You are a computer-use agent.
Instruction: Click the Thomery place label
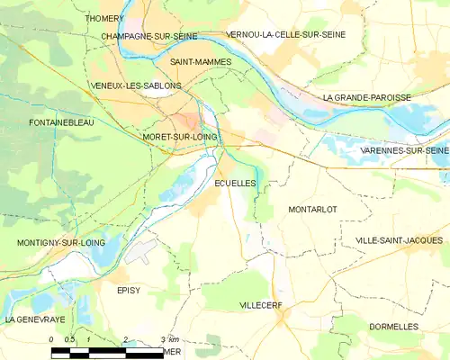tap(104, 18)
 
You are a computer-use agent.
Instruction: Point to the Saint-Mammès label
tap(201, 62)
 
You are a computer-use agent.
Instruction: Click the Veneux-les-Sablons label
tap(136, 85)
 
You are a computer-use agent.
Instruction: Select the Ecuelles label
tap(236, 183)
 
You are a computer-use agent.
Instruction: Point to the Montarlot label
tap(312, 209)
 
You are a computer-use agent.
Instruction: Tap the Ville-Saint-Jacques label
tap(400, 240)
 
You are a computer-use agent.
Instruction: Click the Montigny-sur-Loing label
tap(61, 243)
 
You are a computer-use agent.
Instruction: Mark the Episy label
tap(129, 290)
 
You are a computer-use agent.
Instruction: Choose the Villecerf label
tap(261, 306)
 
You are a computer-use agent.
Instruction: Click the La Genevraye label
tap(34, 319)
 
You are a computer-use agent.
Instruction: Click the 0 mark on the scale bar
tap(52, 339)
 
